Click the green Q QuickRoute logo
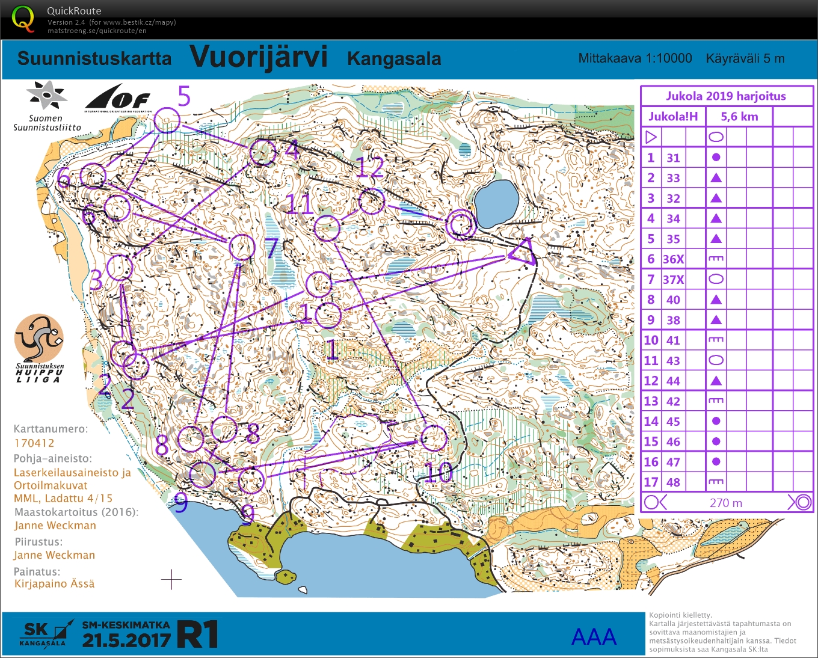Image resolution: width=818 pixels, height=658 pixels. (x=23, y=19)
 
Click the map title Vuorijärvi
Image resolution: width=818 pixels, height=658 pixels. (x=259, y=57)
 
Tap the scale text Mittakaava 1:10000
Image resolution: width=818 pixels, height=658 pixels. (x=635, y=58)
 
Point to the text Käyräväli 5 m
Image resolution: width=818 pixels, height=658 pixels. (x=745, y=58)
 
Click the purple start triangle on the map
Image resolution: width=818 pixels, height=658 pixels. (x=523, y=252)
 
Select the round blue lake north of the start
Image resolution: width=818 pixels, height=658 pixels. (x=496, y=201)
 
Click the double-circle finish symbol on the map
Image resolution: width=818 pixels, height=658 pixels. (x=461, y=224)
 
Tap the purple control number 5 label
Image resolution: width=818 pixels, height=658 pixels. (x=184, y=96)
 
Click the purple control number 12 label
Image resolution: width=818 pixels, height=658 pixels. (x=369, y=168)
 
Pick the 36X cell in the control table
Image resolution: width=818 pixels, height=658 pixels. (x=673, y=259)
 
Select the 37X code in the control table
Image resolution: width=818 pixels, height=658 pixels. (x=673, y=280)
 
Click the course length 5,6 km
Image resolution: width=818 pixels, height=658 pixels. (x=739, y=117)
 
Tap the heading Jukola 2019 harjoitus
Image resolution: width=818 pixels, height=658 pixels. (x=725, y=96)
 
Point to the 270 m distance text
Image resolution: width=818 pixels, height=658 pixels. (x=725, y=503)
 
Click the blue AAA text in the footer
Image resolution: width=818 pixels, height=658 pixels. (x=594, y=637)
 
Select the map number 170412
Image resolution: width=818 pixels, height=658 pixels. (x=34, y=443)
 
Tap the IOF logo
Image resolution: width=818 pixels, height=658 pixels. (x=117, y=98)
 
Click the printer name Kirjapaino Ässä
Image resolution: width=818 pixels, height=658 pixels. (x=54, y=583)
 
